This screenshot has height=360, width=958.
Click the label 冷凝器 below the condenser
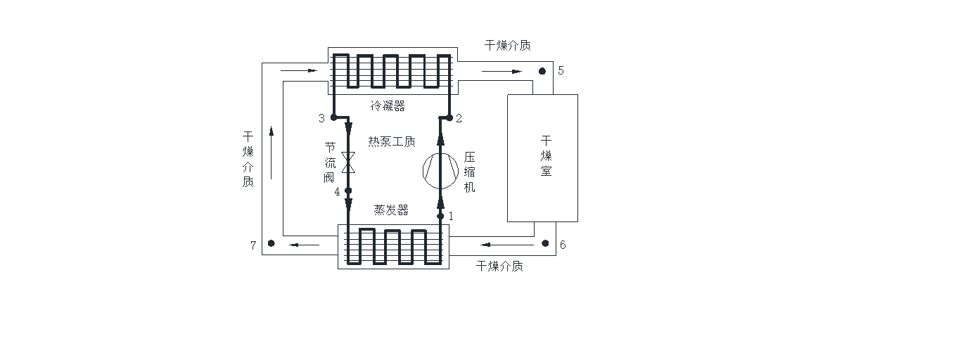point(388,106)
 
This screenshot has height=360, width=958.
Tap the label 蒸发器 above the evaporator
point(391,210)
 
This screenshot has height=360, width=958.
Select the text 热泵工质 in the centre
point(392,142)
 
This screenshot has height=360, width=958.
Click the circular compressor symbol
point(440,169)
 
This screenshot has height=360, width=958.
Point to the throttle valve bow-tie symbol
point(348,162)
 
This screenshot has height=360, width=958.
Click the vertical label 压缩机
point(470,172)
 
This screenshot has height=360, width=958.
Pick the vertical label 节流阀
point(330,162)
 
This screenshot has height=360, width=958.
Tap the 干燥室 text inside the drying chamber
point(547,156)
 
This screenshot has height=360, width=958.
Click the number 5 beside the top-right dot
point(561,70)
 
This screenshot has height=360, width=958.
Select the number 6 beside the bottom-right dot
point(562,245)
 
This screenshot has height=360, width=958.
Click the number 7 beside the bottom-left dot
point(253,245)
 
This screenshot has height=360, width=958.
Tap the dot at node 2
point(449,117)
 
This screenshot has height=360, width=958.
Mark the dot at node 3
point(333,117)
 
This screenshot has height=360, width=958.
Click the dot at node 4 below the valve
point(348,191)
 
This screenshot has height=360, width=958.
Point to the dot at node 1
point(440,216)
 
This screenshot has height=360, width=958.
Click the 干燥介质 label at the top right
point(508,45)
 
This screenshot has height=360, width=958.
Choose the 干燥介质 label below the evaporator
point(499,266)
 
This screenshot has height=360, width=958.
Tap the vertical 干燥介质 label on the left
point(248,159)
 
